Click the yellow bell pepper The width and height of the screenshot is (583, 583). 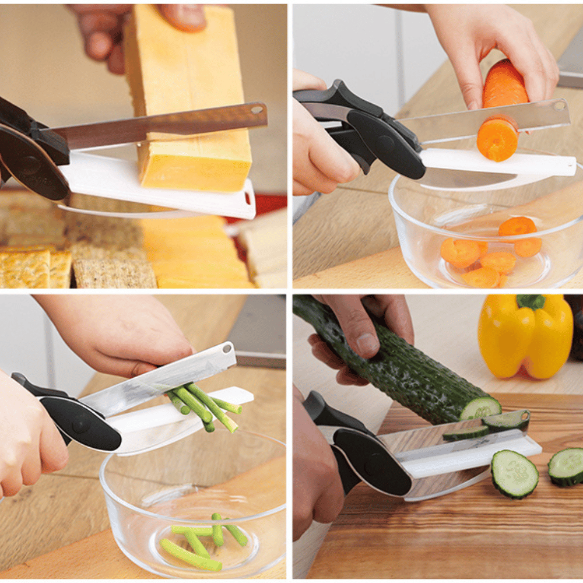coord(525,338)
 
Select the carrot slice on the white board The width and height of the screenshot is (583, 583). coord(497,138)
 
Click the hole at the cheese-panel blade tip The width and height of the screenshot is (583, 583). coord(255,109)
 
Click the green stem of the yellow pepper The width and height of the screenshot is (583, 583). coord(531,301)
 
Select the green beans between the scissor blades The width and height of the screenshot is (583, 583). coord(204,405)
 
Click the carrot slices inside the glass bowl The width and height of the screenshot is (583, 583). coord(490,251)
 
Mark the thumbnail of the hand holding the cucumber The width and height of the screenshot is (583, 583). coord(366,345)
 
